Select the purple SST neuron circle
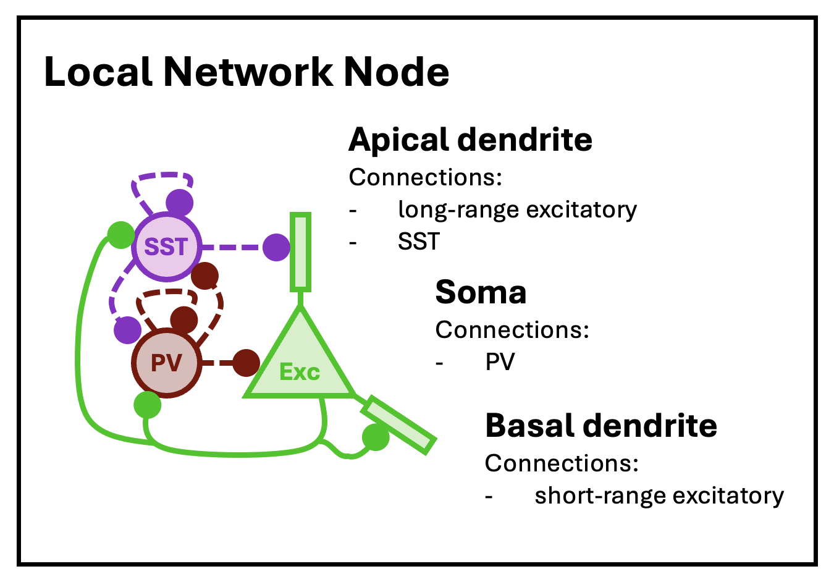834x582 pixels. point(166,247)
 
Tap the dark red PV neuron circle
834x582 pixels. point(166,363)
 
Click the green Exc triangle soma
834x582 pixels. point(300,365)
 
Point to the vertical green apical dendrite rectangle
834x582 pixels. point(300,251)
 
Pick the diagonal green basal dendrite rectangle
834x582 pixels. point(399,426)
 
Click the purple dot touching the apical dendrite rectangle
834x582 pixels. point(276,247)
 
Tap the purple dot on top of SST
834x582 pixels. point(180,202)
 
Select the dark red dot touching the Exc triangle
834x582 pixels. point(246,363)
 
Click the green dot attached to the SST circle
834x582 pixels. point(120,235)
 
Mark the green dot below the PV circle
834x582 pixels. point(147,405)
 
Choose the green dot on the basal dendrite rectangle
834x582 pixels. point(375,437)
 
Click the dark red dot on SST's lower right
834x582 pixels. point(205,276)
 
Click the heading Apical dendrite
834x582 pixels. point(470,140)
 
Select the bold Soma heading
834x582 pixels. point(481,292)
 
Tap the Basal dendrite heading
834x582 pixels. point(600,426)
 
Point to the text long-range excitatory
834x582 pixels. point(517,210)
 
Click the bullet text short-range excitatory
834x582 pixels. point(659,496)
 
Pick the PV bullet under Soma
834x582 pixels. point(500,362)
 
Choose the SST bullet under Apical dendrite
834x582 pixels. point(419,242)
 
